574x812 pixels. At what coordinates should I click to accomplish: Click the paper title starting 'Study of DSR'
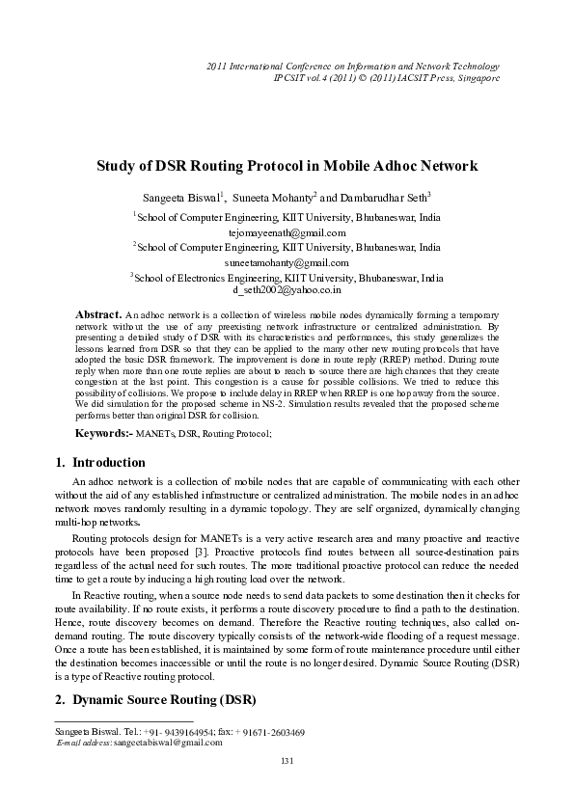click(287, 166)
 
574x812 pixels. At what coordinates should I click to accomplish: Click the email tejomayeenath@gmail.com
click(287, 232)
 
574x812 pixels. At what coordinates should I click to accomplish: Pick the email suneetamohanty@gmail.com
click(287, 261)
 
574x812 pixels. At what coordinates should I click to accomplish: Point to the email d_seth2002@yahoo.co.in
click(287, 289)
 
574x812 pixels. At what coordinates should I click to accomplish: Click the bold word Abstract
click(97, 315)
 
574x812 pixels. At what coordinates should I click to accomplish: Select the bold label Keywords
click(104, 434)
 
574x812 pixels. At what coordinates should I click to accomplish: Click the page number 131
click(287, 762)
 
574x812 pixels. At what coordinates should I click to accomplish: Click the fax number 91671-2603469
click(274, 732)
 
